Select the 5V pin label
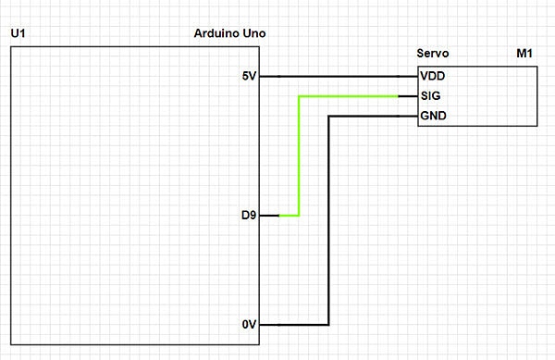[248, 76]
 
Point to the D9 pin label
[248, 216]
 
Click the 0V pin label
[248, 325]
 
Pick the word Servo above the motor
[434, 56]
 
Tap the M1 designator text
[524, 56]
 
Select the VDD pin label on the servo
[433, 76]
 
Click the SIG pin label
[430, 96]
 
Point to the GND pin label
[433, 117]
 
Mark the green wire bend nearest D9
[298, 216]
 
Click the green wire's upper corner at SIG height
[298, 96]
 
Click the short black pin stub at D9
[268, 216]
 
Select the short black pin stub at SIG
[408, 96]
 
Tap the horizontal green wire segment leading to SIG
[348, 96]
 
